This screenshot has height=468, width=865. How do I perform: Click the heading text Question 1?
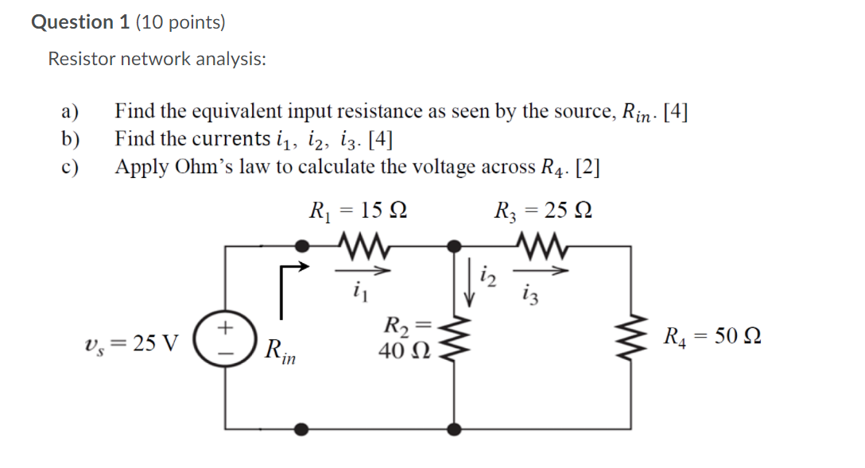tap(81, 22)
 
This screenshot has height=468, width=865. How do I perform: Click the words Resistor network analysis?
tap(157, 59)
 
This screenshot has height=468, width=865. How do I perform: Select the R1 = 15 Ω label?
tap(359, 211)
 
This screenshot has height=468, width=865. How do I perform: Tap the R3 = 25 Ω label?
tap(543, 211)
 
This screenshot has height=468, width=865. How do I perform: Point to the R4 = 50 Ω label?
tap(712, 337)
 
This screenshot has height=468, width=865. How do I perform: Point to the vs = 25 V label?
tap(130, 343)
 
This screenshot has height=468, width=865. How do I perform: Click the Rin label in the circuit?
tap(280, 350)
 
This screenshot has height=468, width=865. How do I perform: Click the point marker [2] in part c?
tap(588, 167)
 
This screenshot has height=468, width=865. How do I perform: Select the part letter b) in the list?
tap(71, 139)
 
